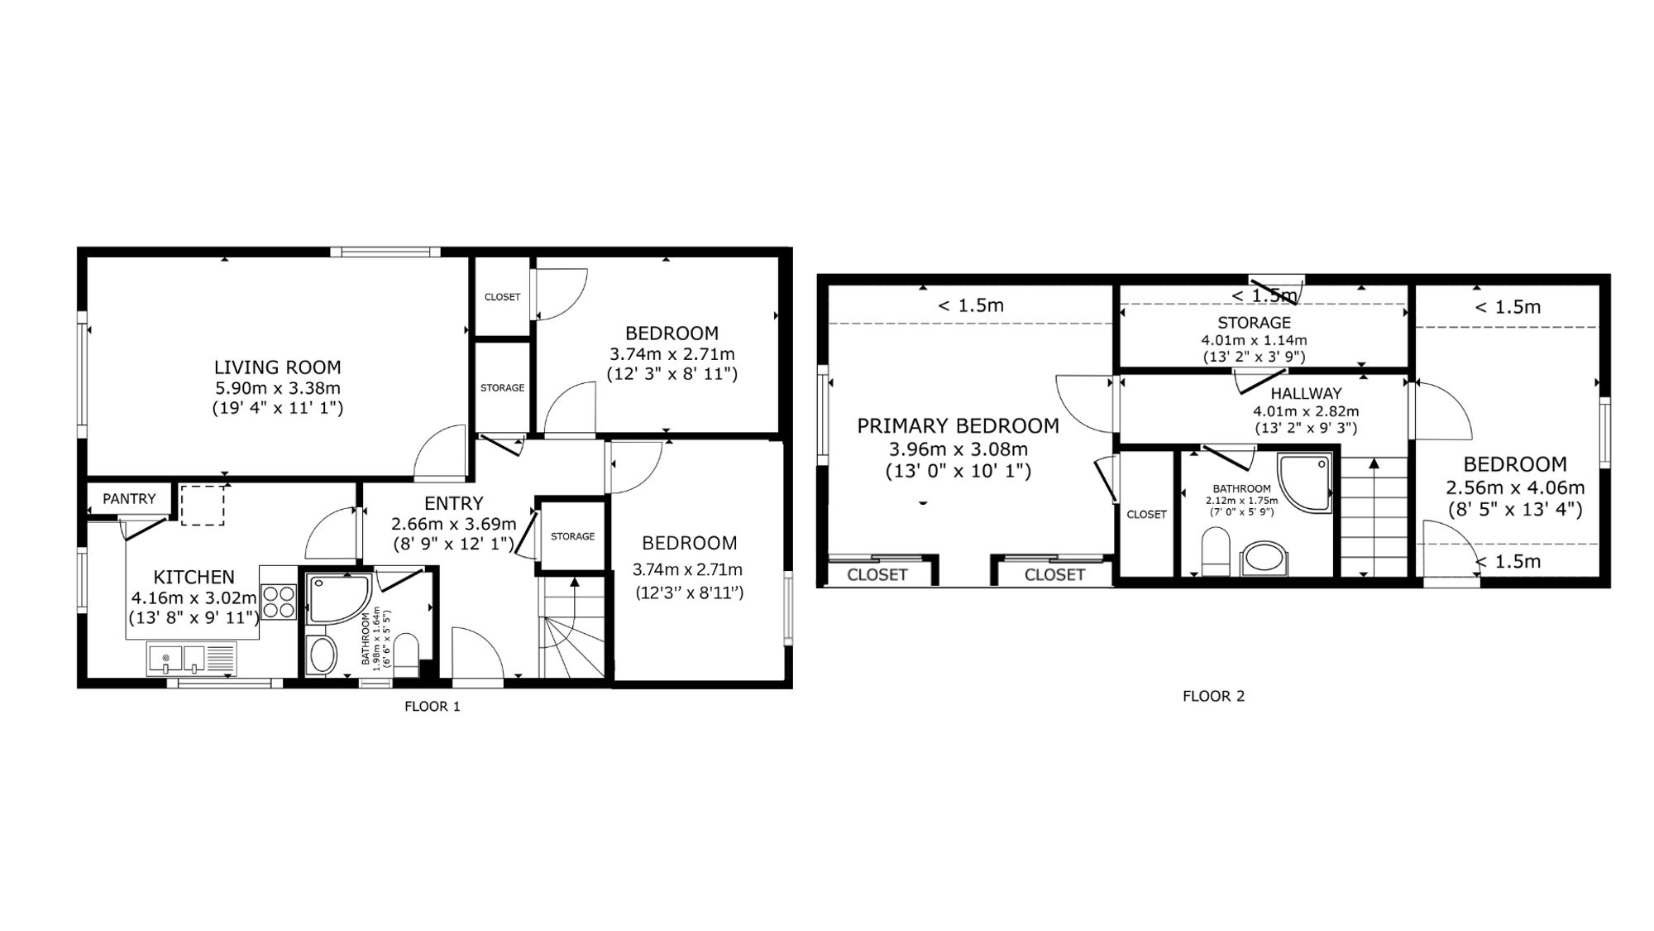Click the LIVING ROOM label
pos(277,367)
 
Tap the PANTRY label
pos(129,499)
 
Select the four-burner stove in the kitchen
pos(279,602)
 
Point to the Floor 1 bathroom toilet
pos(406,655)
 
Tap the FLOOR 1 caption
pos(432,707)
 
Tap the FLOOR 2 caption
pos(1213,696)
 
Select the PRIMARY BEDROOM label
pos(958,426)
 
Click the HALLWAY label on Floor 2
pos(1306,394)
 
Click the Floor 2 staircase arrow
pos(1374,516)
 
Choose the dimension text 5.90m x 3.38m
pos(278,388)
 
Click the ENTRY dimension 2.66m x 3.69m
pos(454,524)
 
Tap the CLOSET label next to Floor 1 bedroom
pos(502,297)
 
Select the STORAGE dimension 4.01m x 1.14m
pos(1254,340)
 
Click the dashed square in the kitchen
pos(203,505)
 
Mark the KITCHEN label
pos(194,578)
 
